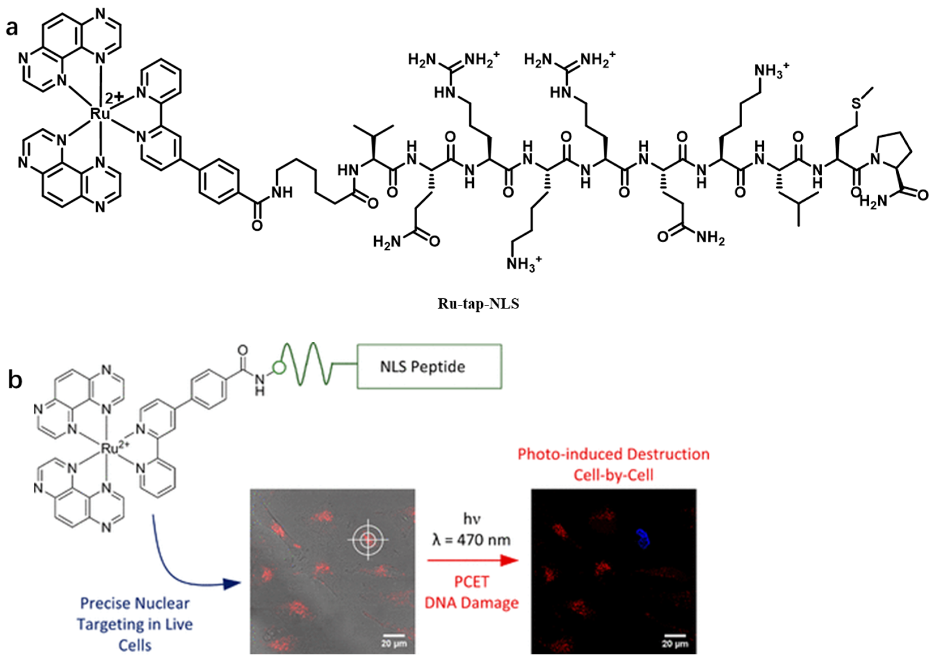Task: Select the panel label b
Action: tap(15, 380)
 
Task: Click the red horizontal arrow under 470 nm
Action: tap(472, 561)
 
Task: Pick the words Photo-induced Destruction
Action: tap(613, 454)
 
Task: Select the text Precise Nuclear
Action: tap(135, 603)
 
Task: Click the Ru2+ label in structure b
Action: tap(114, 449)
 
